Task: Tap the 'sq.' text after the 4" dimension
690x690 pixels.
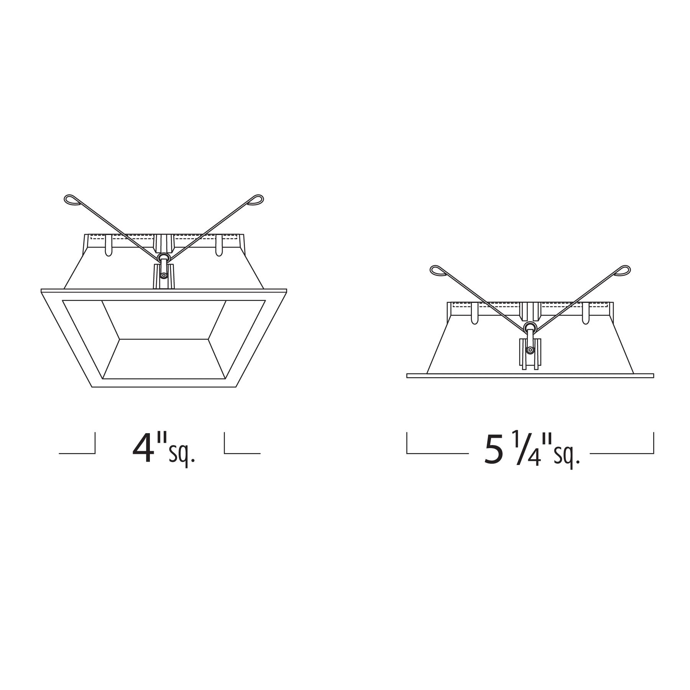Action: click(182, 455)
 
